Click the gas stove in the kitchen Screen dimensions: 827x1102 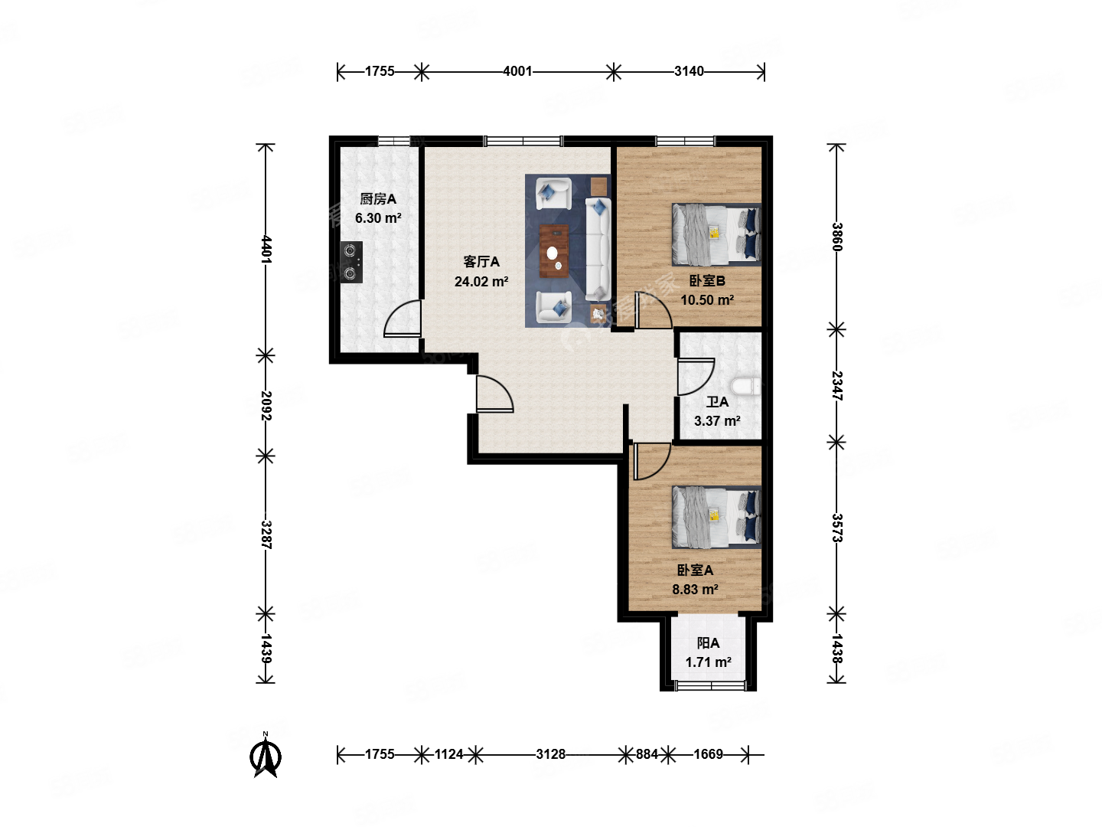click(x=351, y=262)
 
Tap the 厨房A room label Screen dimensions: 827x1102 click(x=378, y=199)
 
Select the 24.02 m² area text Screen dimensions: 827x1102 click(x=481, y=282)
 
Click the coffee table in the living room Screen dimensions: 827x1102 click(x=554, y=251)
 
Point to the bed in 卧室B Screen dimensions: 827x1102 click(x=716, y=234)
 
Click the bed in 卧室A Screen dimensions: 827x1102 click(x=716, y=517)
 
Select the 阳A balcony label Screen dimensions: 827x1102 click(x=708, y=643)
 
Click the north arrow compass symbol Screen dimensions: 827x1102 click(x=266, y=756)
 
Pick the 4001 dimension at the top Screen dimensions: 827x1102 click(x=517, y=71)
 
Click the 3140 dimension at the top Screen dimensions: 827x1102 click(x=689, y=71)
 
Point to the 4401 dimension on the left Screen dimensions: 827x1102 click(x=266, y=249)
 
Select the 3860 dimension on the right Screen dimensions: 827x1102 click(x=836, y=237)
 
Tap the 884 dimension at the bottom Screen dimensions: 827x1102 click(x=647, y=754)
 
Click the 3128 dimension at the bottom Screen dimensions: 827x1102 click(x=550, y=754)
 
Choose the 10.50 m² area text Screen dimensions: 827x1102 click(x=707, y=300)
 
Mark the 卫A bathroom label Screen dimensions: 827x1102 click(x=717, y=401)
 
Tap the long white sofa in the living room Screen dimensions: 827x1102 click(x=598, y=249)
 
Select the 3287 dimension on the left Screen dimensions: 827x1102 click(x=266, y=534)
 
